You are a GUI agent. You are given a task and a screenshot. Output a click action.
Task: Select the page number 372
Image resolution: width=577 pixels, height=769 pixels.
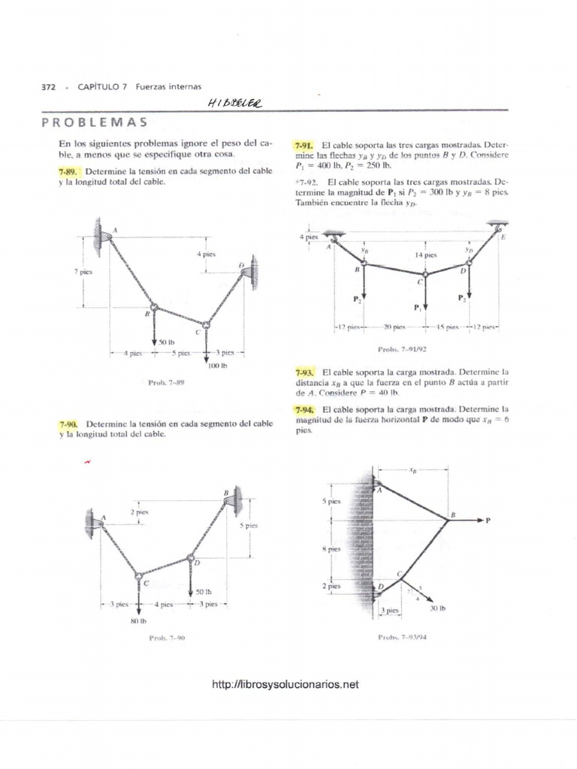48,87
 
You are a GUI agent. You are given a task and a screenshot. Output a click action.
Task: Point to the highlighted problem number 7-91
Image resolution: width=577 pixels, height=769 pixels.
304,143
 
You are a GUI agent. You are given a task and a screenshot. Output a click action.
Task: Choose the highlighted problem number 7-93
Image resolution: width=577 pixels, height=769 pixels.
304,372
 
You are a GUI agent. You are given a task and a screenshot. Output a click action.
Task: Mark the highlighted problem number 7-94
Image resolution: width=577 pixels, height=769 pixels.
304,409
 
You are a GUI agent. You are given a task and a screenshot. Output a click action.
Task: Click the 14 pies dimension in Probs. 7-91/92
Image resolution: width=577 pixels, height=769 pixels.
425,255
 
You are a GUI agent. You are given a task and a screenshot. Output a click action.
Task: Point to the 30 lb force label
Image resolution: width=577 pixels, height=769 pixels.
438,609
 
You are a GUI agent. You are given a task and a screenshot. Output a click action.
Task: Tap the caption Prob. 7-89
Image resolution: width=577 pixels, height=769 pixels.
166,382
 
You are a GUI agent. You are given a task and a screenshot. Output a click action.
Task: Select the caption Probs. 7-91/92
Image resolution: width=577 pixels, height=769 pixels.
403,349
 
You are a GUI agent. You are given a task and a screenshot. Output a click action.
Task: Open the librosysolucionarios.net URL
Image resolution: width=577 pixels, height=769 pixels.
286,684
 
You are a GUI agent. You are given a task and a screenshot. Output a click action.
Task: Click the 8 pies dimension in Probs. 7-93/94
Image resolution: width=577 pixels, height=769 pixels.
331,549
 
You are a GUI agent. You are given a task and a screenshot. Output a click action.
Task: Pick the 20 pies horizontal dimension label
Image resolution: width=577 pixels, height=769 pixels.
394,327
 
